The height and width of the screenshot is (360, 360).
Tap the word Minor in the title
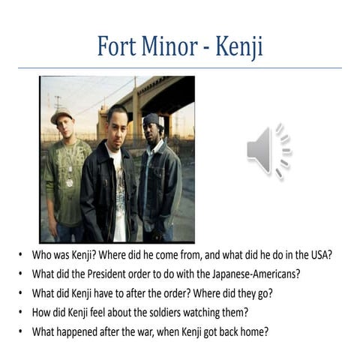[x=167, y=46]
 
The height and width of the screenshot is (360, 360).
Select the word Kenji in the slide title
[x=238, y=46]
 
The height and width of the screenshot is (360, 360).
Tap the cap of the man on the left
[x=61, y=115]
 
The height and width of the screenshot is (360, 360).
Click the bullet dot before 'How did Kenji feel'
[x=21, y=310]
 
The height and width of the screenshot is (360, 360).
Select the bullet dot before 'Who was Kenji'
[x=21, y=254]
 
